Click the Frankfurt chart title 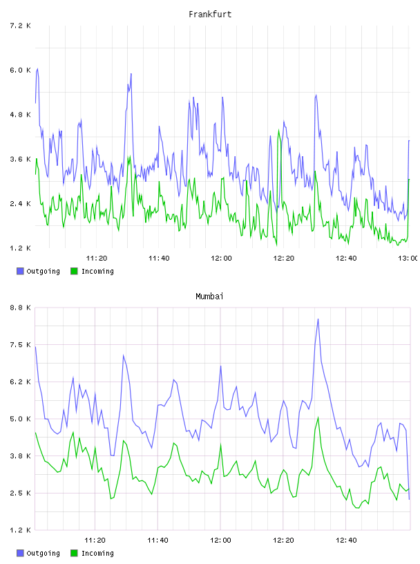(x=210, y=15)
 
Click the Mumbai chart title (x=209, y=297)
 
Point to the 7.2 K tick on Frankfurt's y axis (x=20, y=26)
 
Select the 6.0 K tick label (x=20, y=70)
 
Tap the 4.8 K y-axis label (x=20, y=115)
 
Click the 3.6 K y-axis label (x=20, y=160)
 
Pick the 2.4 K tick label (x=20, y=204)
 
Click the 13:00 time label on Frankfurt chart (x=408, y=258)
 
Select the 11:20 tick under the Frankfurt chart (x=97, y=258)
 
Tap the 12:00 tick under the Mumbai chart (x=220, y=540)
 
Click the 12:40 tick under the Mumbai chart (x=346, y=540)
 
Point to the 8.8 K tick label (x=20, y=308)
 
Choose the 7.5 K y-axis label (x=20, y=345)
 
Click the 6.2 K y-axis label (x=20, y=382)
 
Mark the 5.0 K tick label (x=20, y=419)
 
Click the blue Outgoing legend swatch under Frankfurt (x=20, y=271)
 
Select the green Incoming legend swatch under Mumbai (x=74, y=553)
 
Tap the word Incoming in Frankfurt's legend (x=97, y=272)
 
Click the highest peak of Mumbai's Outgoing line (x=318, y=319)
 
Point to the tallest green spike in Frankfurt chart (x=278, y=130)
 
